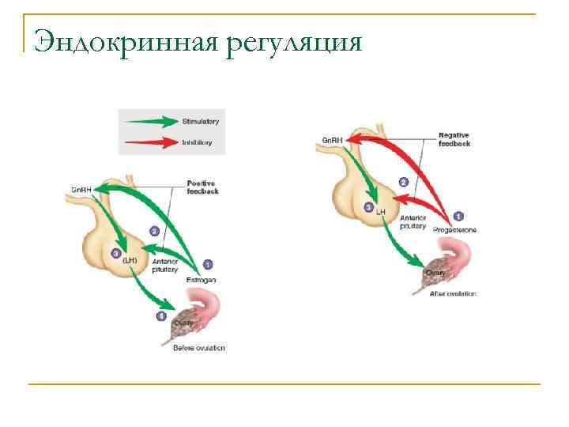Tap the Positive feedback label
coord(203,187)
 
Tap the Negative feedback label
coord(454,140)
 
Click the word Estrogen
coord(201,280)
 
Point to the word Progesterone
coord(454,230)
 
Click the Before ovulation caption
coord(199,349)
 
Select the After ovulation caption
coord(453,293)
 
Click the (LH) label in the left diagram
coord(131,260)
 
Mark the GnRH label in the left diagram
coord(81,190)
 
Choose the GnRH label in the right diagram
coord(332,141)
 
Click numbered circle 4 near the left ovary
coord(162,316)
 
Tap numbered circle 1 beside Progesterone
coord(459,215)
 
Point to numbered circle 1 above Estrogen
coord(208,264)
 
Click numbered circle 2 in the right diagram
coord(403,182)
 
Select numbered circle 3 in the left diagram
coord(116,254)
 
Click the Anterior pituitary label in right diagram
coord(413,221)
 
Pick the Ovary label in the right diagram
coord(435,273)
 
